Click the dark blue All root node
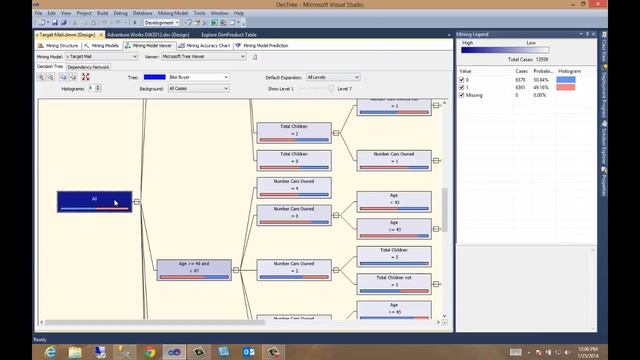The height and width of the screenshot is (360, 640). coord(94,200)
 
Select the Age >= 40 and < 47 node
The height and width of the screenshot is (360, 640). coord(194,268)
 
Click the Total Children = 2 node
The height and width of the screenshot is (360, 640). coord(293,131)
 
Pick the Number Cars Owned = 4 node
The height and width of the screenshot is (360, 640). coord(293,186)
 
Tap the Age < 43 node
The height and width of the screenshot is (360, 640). coord(393,201)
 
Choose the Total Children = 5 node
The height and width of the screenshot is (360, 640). coord(393,254)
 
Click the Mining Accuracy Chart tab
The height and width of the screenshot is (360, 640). coord(206,45)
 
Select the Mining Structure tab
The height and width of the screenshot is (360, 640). coord(59,45)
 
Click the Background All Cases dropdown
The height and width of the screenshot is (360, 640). coord(198,88)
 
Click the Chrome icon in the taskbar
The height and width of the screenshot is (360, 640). coord(150,351)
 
